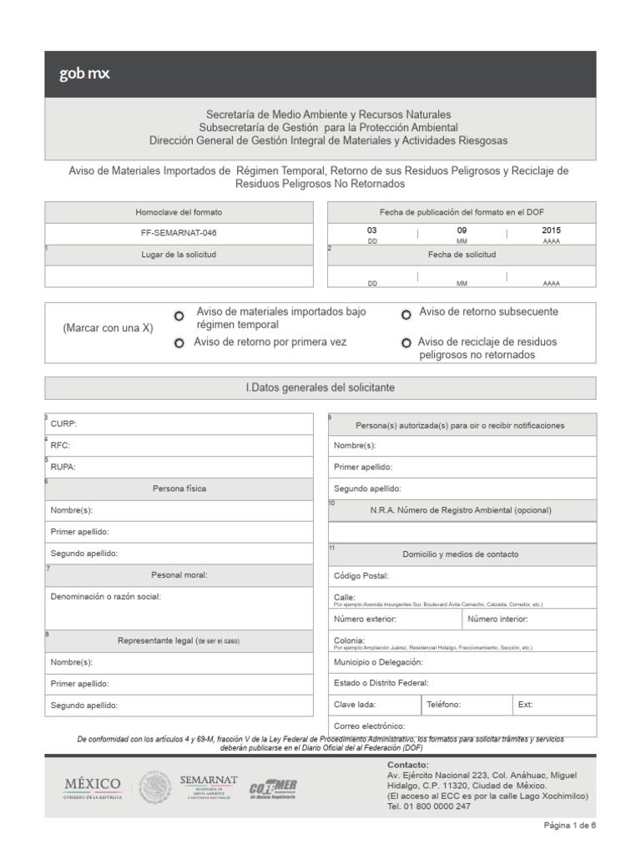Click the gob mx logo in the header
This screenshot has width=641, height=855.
[84, 73]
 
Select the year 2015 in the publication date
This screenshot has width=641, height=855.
[551, 230]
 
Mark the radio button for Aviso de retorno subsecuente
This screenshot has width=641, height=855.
[406, 315]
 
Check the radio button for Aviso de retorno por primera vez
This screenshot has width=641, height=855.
[179, 344]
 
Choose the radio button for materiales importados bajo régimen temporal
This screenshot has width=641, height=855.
[179, 316]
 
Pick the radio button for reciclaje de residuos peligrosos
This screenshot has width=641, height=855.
[406, 343]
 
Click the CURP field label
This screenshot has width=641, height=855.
[64, 424]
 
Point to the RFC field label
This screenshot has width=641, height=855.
[62, 446]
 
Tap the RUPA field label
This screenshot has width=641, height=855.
[63, 468]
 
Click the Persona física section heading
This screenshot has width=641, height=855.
[179, 488]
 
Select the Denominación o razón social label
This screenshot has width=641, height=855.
[105, 596]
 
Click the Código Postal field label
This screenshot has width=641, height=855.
[361, 575]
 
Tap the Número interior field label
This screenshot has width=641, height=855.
[497, 619]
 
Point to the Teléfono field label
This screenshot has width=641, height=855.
[443, 705]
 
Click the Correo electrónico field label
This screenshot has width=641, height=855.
[369, 726]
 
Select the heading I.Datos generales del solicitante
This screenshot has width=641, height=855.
[320, 388]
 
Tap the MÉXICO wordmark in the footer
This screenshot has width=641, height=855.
[93, 786]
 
